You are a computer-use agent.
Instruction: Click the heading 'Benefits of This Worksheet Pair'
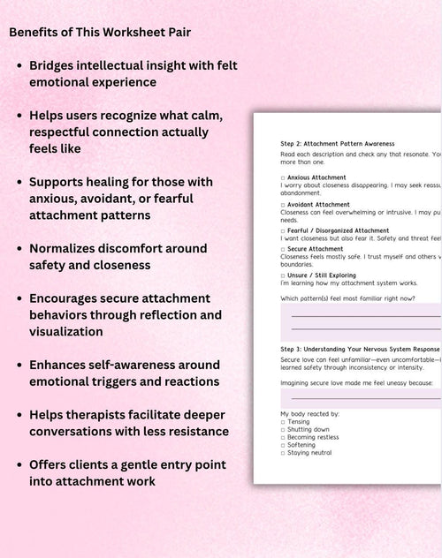99,33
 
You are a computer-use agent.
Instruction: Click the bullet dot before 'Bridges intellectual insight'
19,66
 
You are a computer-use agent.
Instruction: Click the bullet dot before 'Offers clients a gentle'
19,464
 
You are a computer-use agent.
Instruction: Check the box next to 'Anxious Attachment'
283,177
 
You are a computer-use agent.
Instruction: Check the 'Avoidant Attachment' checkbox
283,205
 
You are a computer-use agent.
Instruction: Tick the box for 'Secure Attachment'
283,249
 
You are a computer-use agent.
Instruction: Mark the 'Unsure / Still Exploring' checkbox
283,274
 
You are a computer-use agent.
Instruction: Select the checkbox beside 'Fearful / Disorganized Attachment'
283,230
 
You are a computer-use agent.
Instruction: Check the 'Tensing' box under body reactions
283,421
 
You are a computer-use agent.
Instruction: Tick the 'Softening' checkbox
283,445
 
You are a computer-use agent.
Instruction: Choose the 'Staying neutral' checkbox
283,453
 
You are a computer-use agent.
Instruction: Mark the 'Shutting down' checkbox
283,429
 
